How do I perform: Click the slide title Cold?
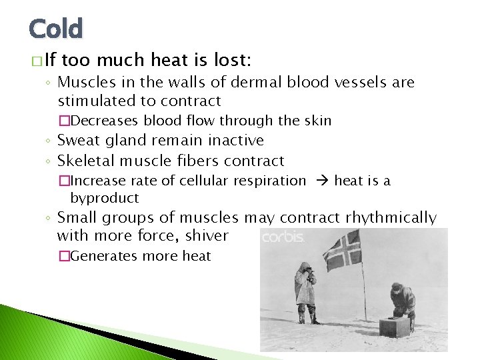coord(56,29)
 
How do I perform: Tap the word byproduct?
coord(105,198)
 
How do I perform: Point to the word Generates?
coord(104,256)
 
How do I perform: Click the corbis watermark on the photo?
coord(283,237)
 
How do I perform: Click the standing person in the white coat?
coord(306,291)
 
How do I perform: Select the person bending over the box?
coord(403,303)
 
